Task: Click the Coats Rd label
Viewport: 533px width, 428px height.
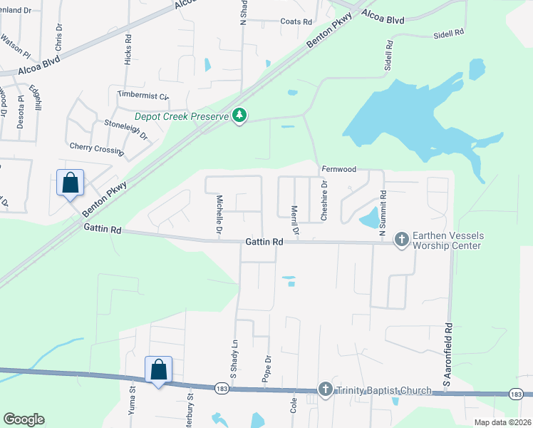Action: pyautogui.click(x=296, y=22)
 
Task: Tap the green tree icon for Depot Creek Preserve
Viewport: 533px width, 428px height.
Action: pyautogui.click(x=240, y=115)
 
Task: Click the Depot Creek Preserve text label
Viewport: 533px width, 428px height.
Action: pyautogui.click(x=182, y=116)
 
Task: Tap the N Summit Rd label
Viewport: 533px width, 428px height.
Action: pyautogui.click(x=383, y=213)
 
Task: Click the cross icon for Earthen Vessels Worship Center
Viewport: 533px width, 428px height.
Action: pyautogui.click(x=401, y=239)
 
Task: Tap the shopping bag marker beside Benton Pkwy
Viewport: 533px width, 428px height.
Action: pyautogui.click(x=71, y=183)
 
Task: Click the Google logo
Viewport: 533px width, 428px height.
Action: pyautogui.click(x=24, y=419)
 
